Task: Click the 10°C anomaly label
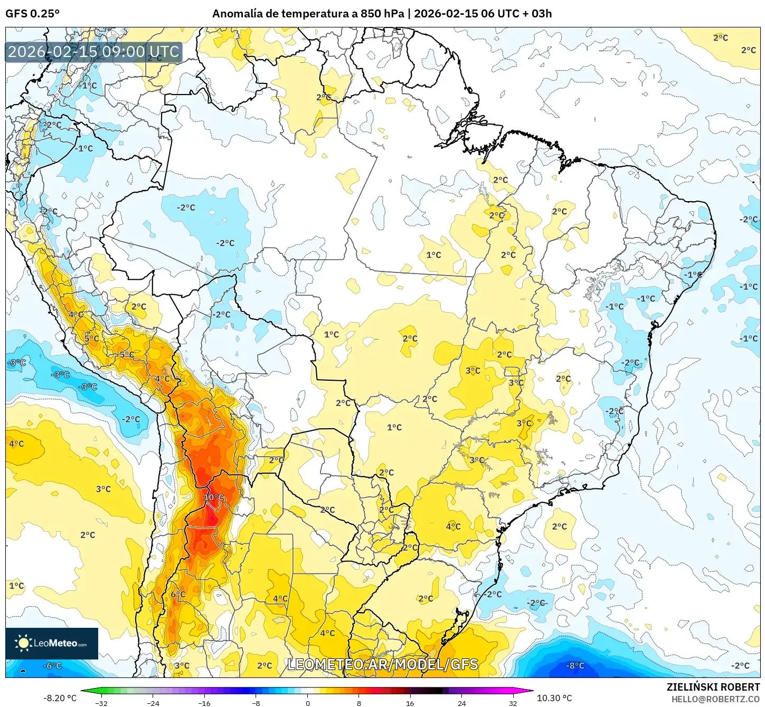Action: (x=213, y=497)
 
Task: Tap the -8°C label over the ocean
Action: (x=575, y=666)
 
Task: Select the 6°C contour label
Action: (x=178, y=595)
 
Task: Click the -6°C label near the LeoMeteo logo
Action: (x=52, y=666)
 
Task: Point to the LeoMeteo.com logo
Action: (x=52, y=643)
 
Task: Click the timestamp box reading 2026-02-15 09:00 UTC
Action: (x=93, y=52)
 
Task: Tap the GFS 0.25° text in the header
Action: (x=32, y=14)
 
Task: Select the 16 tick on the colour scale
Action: (x=410, y=703)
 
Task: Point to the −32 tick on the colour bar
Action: (x=101, y=703)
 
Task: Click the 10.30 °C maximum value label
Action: (x=554, y=698)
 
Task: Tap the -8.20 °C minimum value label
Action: (x=60, y=698)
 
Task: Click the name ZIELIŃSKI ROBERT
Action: (x=713, y=687)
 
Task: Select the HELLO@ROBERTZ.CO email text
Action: (x=715, y=699)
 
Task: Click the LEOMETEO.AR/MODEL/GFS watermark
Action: (x=383, y=664)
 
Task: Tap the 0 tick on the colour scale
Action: (x=308, y=703)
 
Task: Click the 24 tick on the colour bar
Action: (x=461, y=703)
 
